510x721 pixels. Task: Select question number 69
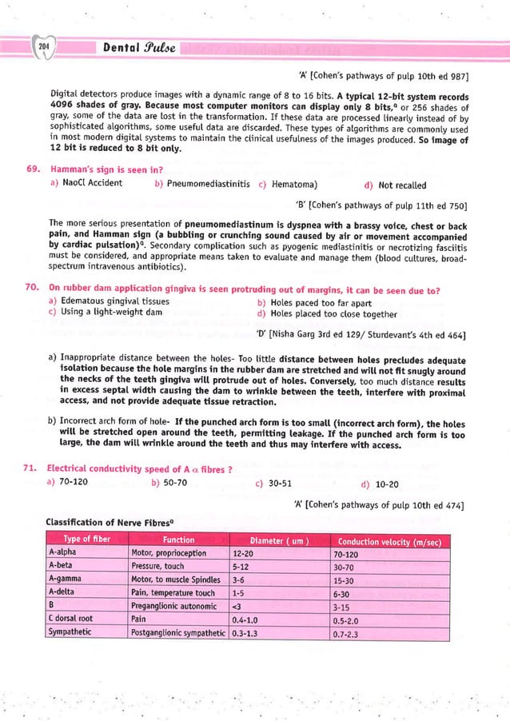pyautogui.click(x=32, y=170)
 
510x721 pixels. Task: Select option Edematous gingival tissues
pyautogui.click(x=109, y=301)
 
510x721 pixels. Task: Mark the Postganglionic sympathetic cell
pyautogui.click(x=177, y=632)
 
